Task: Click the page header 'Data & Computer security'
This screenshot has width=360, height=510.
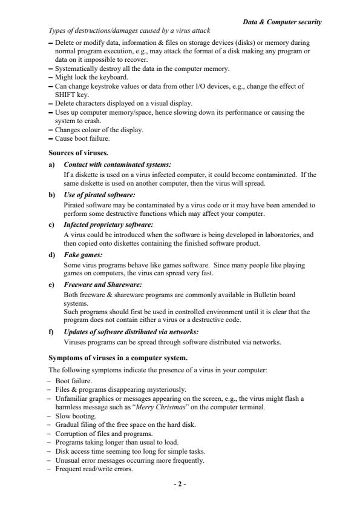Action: coord(282,22)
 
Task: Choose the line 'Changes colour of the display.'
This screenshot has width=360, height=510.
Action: coord(99,130)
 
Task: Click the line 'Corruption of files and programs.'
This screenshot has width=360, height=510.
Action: coord(103,434)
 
